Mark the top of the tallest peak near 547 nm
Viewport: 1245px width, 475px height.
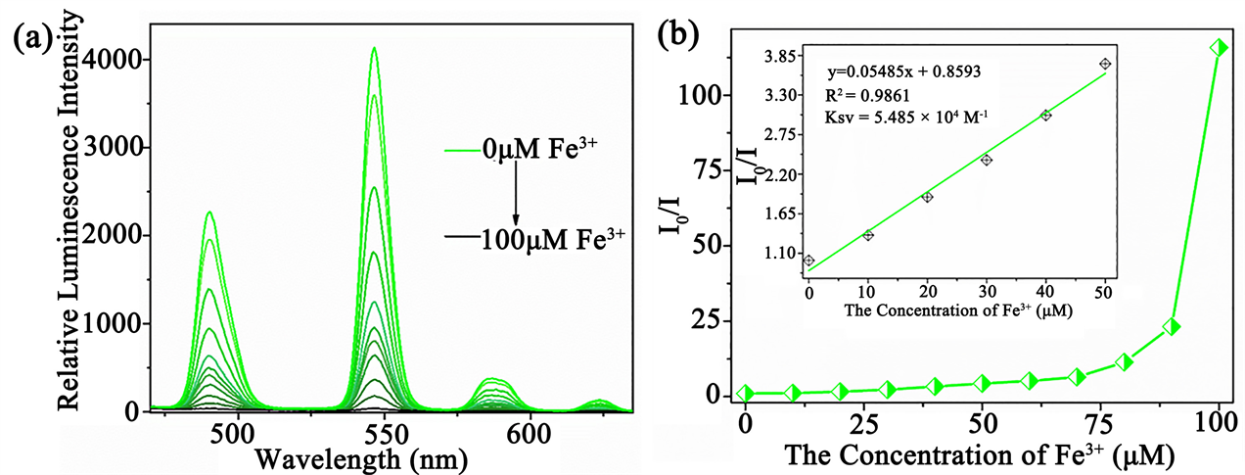[x=373, y=48]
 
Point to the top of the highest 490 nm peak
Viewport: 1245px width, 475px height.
[x=209, y=213]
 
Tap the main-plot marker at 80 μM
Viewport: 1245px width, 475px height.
[x=1124, y=362]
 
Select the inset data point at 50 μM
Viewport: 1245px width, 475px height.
[x=1105, y=64]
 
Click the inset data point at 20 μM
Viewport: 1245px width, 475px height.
[x=927, y=197]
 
